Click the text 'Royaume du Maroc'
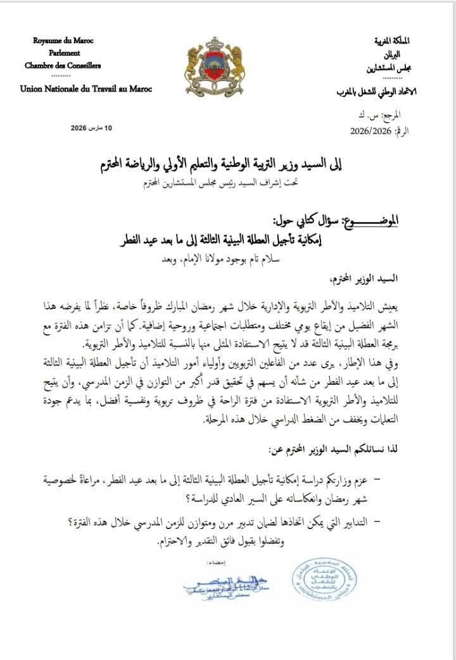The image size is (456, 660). click(63, 41)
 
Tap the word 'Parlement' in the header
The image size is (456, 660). click(63, 53)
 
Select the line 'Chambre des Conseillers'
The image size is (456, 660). click(63, 65)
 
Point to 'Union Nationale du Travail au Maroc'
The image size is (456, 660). click(85, 89)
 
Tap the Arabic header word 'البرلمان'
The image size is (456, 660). click(397, 54)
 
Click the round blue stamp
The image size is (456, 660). click(323, 580)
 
